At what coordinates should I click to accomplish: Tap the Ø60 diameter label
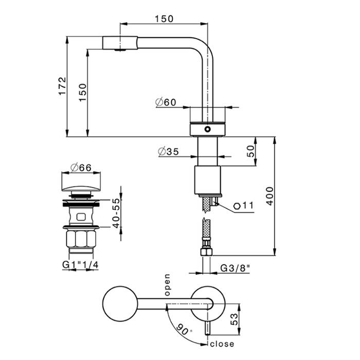[166, 102]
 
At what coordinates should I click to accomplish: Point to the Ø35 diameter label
[168, 152]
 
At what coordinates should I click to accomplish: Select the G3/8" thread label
[236, 268]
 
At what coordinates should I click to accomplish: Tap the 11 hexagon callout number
[248, 206]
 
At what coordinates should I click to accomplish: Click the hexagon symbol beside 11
[237, 206]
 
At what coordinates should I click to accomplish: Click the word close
[222, 344]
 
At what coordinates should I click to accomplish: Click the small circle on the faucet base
[208, 129]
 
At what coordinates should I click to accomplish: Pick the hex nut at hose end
[208, 253]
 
